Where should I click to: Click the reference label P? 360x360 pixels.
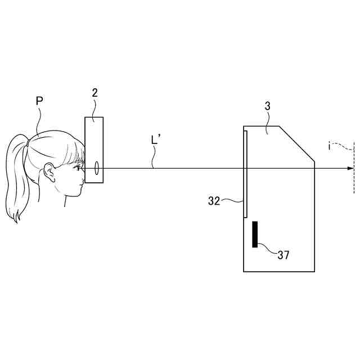39,101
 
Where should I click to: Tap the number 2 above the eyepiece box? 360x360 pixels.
95,93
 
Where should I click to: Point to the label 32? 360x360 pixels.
214,201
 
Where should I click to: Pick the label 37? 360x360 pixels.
283,255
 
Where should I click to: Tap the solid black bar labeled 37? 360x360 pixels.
255,234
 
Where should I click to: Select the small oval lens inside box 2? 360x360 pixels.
97,168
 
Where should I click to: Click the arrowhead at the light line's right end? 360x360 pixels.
351,168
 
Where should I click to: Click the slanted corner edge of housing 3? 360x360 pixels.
296,143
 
